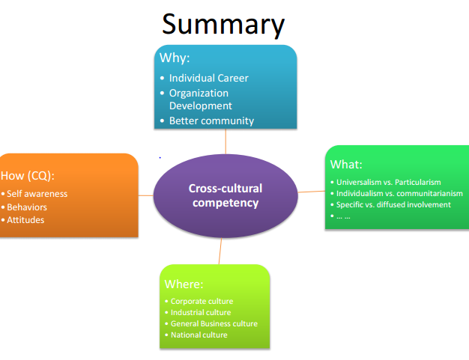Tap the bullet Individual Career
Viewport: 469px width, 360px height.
click(x=208, y=78)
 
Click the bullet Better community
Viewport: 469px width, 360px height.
click(x=211, y=120)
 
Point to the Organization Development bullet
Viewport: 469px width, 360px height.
click(x=199, y=100)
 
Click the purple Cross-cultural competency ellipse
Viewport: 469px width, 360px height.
click(x=225, y=195)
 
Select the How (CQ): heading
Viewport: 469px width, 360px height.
click(x=28, y=176)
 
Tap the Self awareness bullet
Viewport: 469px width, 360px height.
click(x=37, y=194)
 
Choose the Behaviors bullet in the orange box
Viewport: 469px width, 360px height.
click(x=27, y=207)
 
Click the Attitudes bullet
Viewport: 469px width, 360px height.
click(x=25, y=220)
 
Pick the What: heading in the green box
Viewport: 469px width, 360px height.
click(x=346, y=165)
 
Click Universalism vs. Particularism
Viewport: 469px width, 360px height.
click(x=388, y=182)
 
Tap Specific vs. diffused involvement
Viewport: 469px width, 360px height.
click(x=393, y=204)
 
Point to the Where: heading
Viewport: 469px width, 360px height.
click(x=184, y=284)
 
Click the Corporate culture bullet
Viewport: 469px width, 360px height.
click(x=202, y=301)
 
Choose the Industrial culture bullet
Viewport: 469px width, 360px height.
click(x=201, y=312)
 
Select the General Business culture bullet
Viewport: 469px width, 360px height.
click(x=214, y=323)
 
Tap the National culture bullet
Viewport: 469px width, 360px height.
click(x=199, y=335)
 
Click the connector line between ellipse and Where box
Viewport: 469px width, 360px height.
click(x=221, y=252)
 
